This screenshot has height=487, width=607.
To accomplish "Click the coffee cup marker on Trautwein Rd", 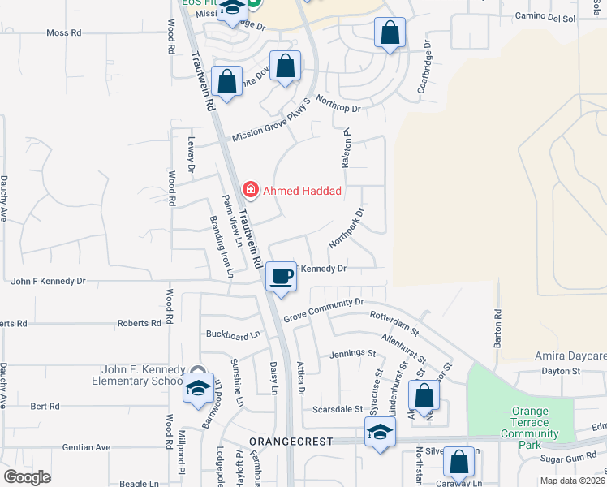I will pos(281,277).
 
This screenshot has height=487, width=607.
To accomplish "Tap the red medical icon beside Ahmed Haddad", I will pos(251,191).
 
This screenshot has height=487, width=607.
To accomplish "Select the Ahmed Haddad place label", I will pos(301,191).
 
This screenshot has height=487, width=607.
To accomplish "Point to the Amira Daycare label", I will pos(570,356).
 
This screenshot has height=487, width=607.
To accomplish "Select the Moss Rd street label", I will pos(65,33).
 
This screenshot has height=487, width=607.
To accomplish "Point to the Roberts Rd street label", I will pos(139,323).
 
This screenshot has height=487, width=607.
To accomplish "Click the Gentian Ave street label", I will pos(92,447).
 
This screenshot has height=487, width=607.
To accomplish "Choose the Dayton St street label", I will pos(562,371).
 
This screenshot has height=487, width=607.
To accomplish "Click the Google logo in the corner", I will pos(27,476).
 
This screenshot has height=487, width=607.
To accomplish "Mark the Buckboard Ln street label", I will pos(233,334).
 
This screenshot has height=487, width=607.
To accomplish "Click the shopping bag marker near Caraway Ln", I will pos(459,462).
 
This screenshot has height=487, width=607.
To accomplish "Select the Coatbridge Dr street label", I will pos(424,73).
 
